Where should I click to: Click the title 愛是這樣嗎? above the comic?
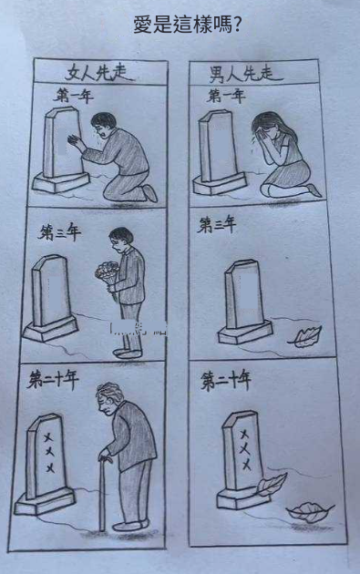tap(187, 25)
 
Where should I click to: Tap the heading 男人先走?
tap(242, 74)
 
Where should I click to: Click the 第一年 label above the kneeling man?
tap(73, 97)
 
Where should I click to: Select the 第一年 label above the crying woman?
tap(226, 96)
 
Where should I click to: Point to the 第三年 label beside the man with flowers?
tap(59, 233)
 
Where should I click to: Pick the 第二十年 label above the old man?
tap(53, 379)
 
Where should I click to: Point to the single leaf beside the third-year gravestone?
tap(304, 336)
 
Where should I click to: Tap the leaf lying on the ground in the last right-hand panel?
tap(310, 512)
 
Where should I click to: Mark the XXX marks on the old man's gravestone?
tap(49, 453)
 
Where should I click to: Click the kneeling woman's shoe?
tap(314, 190)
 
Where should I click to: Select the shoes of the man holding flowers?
tap(128, 353)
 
